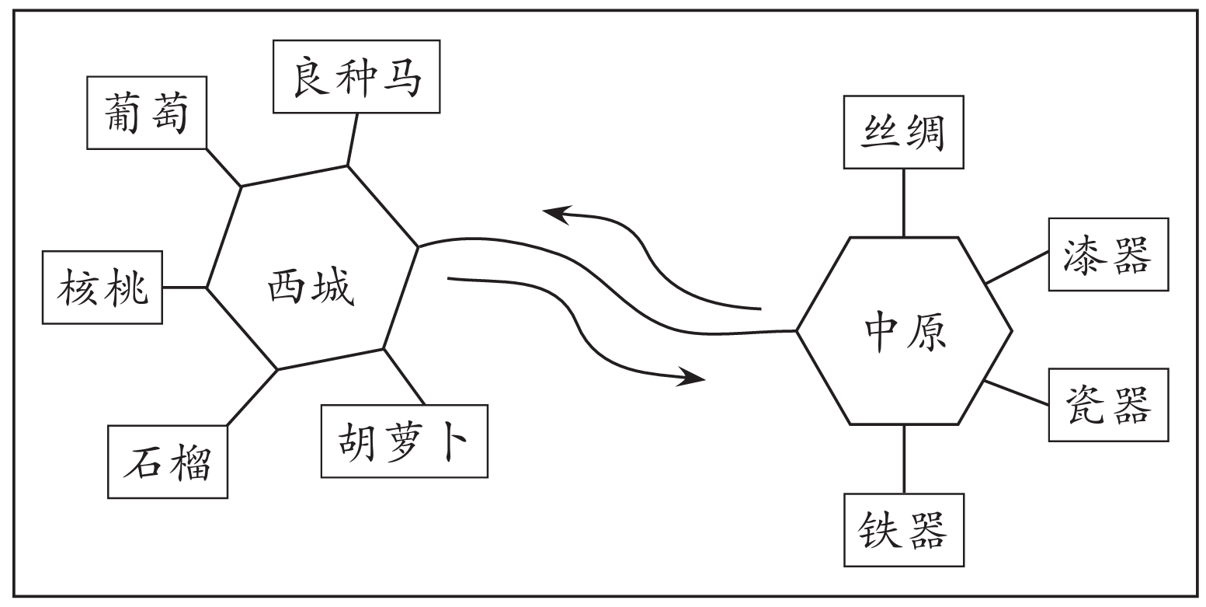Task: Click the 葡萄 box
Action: pos(147,112)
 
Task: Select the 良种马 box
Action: pos(357,75)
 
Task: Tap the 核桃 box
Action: pos(103,287)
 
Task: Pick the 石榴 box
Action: pos(169,461)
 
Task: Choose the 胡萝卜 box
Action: pos(404,441)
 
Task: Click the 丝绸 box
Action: pos(903,132)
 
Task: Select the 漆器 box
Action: pos(1108,254)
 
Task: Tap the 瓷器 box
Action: pos(1108,405)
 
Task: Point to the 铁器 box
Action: pos(903,529)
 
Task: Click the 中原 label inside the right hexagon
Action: pos(904,331)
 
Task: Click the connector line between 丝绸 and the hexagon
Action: pos(903,202)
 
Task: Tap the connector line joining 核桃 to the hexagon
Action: pos(185,287)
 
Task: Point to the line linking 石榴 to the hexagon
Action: pos(252,397)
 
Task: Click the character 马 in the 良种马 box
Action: pos(404,76)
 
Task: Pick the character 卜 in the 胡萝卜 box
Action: pos(454,441)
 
